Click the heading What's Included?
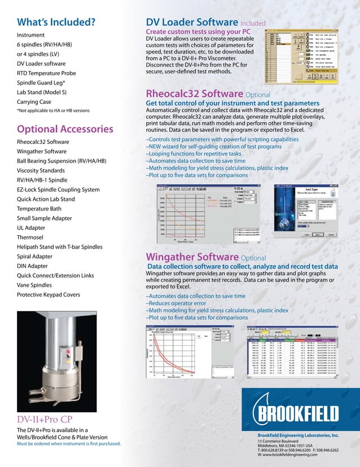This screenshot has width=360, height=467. (56, 23)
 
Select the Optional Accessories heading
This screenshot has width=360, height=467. (65, 129)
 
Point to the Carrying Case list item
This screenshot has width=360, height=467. (34, 102)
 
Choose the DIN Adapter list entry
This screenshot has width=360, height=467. (32, 266)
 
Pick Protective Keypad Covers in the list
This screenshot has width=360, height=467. (49, 294)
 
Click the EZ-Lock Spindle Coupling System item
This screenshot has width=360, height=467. (58, 190)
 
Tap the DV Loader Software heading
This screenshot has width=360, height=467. (192, 23)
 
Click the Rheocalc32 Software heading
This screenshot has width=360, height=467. (195, 94)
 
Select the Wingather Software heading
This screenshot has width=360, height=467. (192, 257)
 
